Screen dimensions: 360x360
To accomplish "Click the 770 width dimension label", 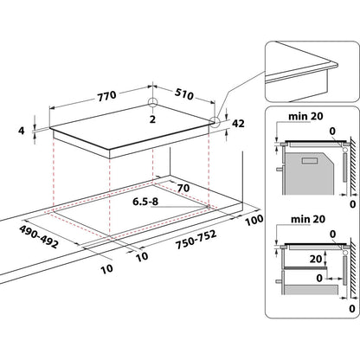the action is [x=107, y=96].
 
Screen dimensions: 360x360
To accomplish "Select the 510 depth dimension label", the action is [x=184, y=93].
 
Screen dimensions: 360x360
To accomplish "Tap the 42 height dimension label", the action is [x=238, y=124].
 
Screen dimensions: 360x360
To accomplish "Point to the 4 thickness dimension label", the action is [x=22, y=131].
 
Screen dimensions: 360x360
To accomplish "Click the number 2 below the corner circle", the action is [x=152, y=119].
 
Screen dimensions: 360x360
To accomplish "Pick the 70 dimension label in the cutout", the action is [x=183, y=188].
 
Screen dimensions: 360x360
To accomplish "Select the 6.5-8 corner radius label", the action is [x=145, y=202].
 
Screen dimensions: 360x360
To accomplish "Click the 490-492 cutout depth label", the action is [x=39, y=236].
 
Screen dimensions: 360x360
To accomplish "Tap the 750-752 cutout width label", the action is [x=196, y=239].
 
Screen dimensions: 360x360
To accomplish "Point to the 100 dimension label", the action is [x=254, y=220].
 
